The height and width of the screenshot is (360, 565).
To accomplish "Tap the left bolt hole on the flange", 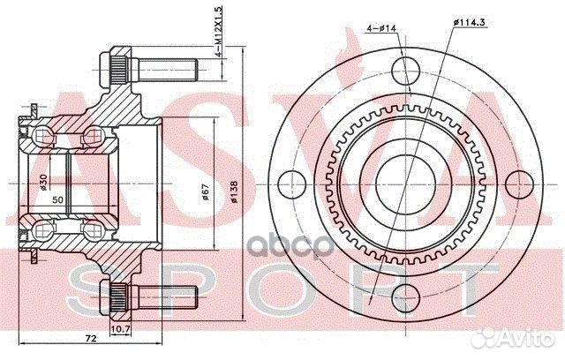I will tap(287, 184).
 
